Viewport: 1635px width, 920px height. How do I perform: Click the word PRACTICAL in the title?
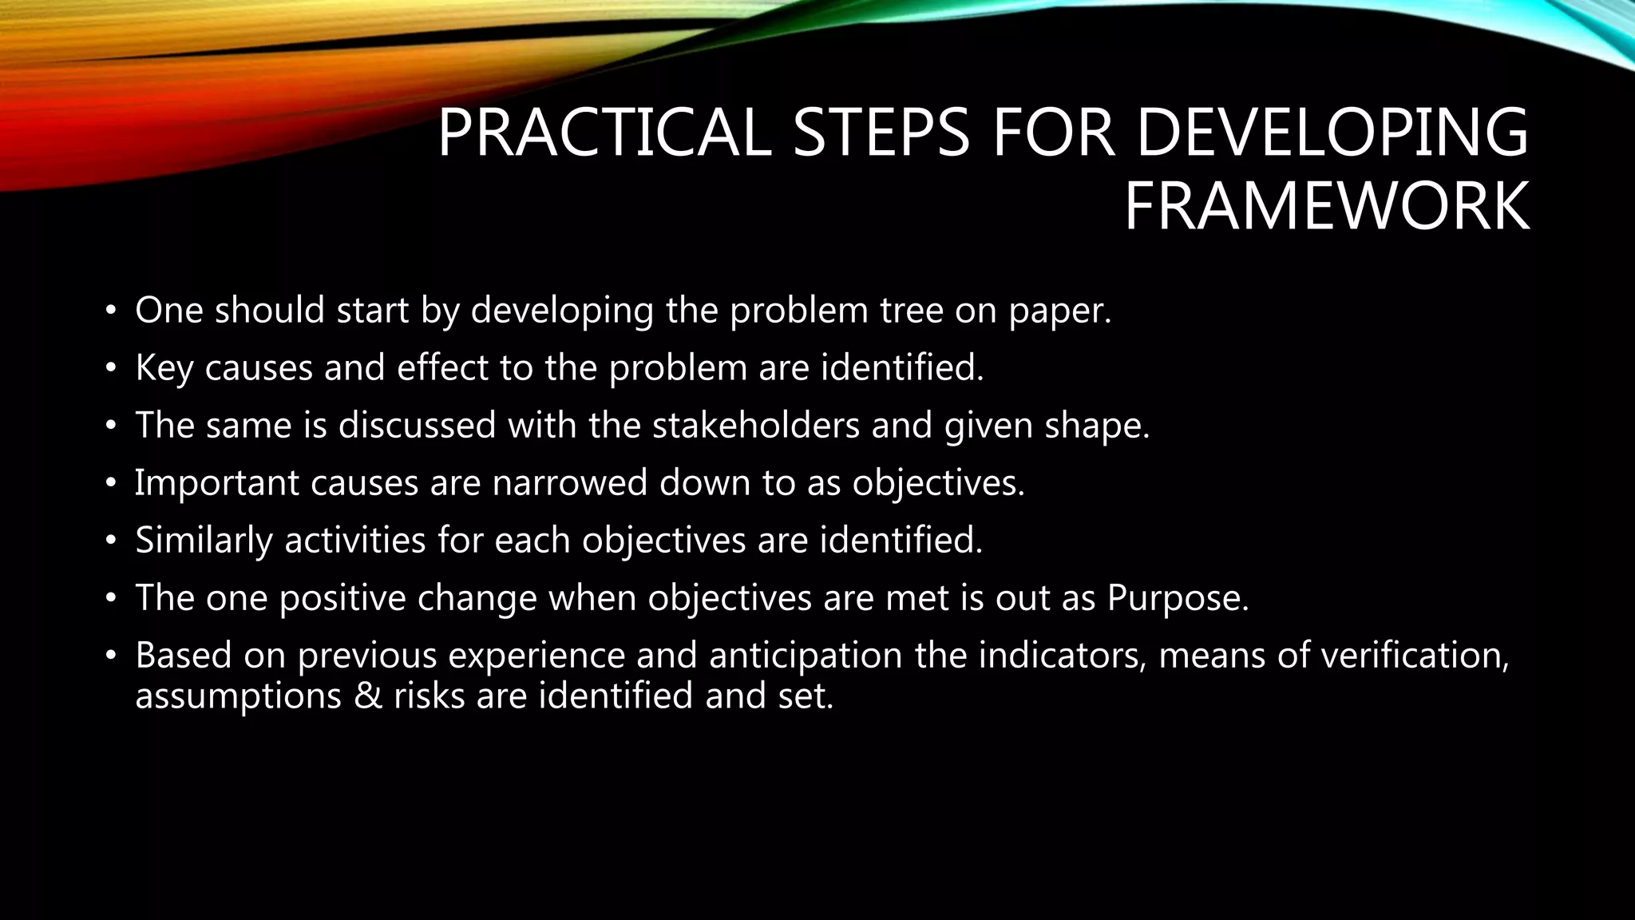(x=604, y=133)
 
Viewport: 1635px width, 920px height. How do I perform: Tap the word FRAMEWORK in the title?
(x=1326, y=207)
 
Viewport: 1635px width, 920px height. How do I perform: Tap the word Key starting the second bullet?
(x=164, y=369)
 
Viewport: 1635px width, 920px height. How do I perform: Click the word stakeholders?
(x=755, y=425)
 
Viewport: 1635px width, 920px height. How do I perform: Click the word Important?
(x=216, y=484)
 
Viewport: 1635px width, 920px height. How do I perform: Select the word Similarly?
(x=204, y=541)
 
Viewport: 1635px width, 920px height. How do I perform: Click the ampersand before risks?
(x=370, y=696)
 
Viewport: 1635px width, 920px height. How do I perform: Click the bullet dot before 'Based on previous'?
(x=111, y=656)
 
